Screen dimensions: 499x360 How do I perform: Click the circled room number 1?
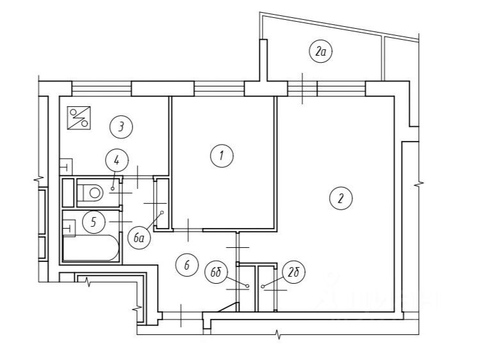click(221, 155)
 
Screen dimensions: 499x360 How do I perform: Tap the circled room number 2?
click(341, 198)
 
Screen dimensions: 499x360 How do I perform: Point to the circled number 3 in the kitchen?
click(120, 126)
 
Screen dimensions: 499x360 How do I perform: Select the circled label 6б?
click(217, 272)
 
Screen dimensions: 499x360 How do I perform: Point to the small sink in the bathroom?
click(69, 227)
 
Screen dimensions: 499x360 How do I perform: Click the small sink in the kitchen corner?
click(66, 166)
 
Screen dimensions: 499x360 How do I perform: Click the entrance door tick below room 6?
click(182, 315)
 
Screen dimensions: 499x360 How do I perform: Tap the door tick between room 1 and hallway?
click(188, 226)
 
